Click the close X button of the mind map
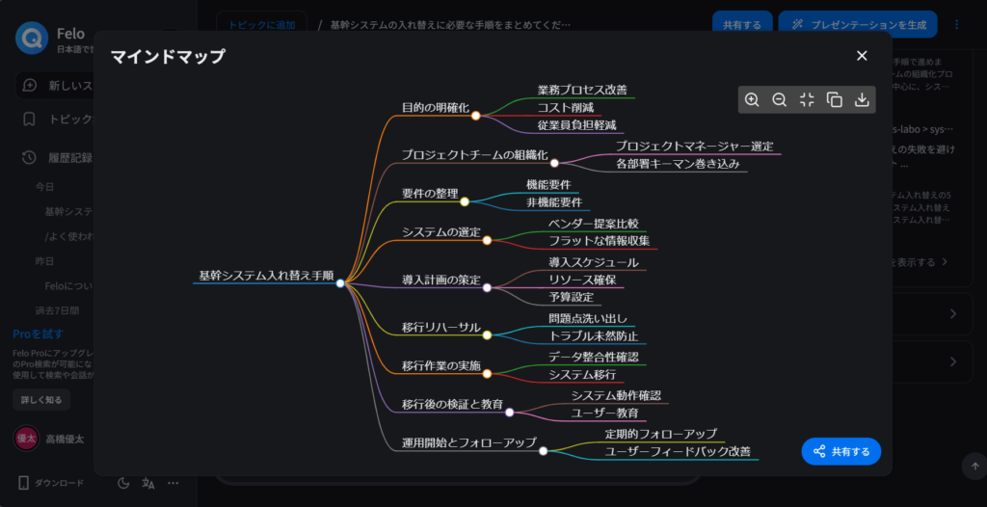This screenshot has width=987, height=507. pyautogui.click(x=862, y=56)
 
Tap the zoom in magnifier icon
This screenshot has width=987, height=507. pyautogui.click(x=752, y=99)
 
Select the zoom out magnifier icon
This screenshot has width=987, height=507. pyautogui.click(x=780, y=99)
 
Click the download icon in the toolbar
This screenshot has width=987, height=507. pyautogui.click(x=862, y=99)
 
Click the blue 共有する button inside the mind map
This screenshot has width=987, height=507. pyautogui.click(x=840, y=451)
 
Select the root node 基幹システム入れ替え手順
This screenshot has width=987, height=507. pyautogui.click(x=266, y=276)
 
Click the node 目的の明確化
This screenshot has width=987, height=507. pyautogui.click(x=435, y=107)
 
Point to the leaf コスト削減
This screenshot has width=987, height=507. pyautogui.click(x=565, y=107)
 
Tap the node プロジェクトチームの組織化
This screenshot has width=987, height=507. pyautogui.click(x=474, y=154)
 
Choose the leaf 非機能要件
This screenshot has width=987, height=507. pyautogui.click(x=553, y=202)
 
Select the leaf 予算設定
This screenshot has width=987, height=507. pyautogui.click(x=571, y=297)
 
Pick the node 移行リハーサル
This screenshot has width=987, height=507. pyautogui.click(x=440, y=328)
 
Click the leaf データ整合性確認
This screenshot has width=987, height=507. pyautogui.click(x=593, y=357)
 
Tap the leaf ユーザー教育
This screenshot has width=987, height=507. pyautogui.click(x=605, y=413)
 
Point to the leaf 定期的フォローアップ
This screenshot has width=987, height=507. pyautogui.click(x=660, y=434)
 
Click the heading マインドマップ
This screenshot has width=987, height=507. pyautogui.click(x=168, y=56)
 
